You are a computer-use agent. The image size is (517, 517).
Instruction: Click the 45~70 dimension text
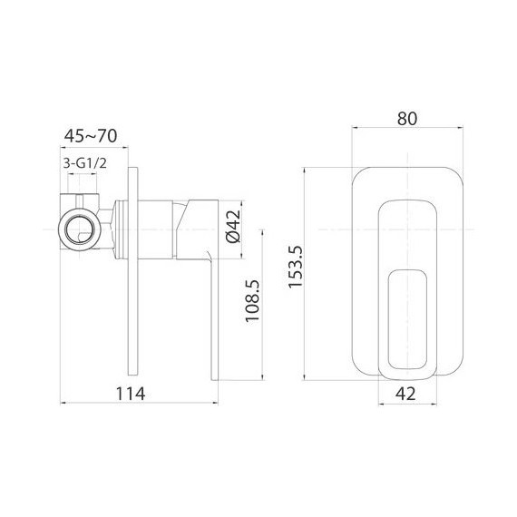click(x=91, y=137)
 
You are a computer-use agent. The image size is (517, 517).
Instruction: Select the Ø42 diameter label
click(x=231, y=224)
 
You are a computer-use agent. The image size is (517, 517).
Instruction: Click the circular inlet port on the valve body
click(x=75, y=225)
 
